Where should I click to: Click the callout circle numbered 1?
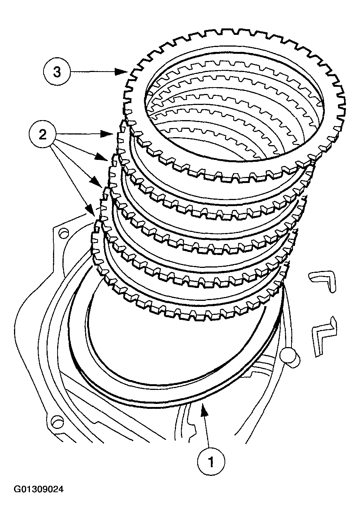click(211, 462)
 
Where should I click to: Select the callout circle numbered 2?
click(43, 135)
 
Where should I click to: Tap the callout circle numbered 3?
click(57, 72)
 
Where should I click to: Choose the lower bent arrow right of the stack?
click(324, 335)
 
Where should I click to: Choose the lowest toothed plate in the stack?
click(189, 311)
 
